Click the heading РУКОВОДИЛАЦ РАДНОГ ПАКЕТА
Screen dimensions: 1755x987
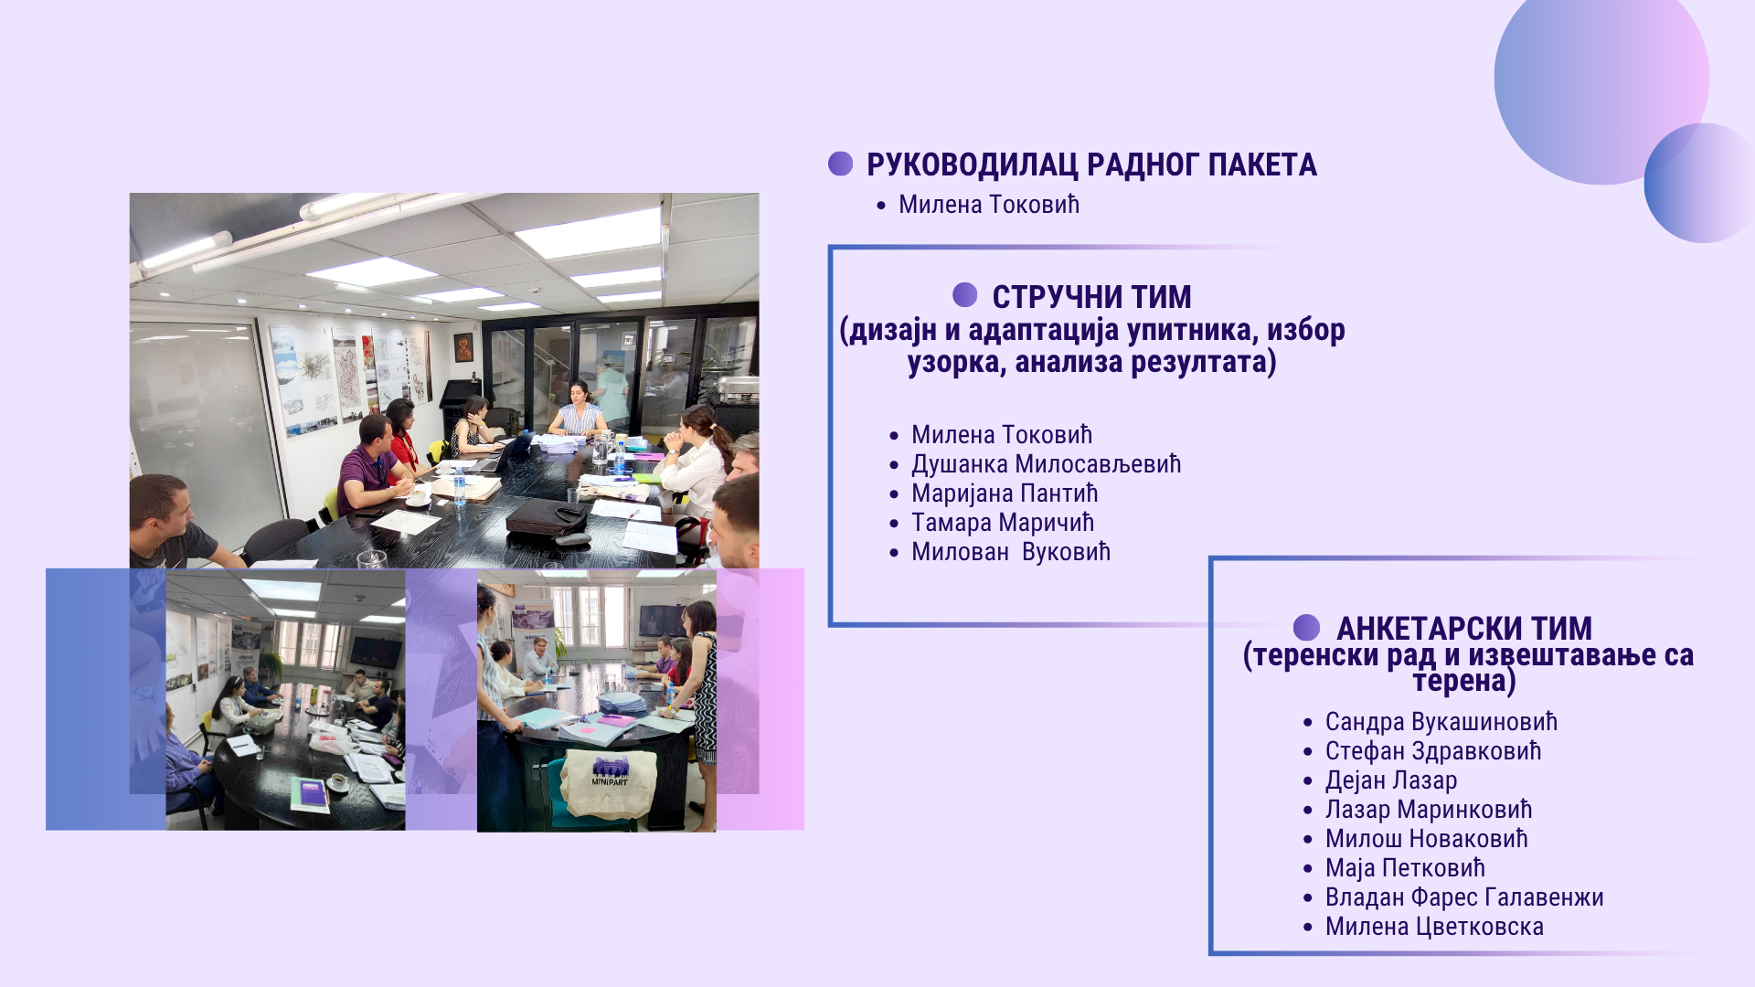click(x=1091, y=165)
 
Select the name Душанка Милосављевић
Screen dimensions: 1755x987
click(x=1046, y=464)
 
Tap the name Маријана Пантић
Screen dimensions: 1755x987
click(x=1004, y=493)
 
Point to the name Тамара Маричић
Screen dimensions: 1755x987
click(x=1002, y=523)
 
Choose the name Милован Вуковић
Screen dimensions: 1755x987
click(x=1010, y=552)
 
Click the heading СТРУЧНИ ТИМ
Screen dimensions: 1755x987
click(x=1091, y=297)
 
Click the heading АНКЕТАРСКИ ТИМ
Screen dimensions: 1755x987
click(x=1463, y=629)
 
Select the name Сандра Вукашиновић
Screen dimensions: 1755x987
click(x=1441, y=722)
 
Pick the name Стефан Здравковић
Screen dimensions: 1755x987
click(x=1432, y=751)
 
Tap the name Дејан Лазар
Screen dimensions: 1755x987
click(x=1390, y=780)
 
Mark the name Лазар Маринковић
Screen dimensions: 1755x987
click(x=1428, y=810)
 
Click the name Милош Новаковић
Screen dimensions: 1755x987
click(x=1426, y=839)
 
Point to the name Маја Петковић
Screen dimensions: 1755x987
click(x=1405, y=868)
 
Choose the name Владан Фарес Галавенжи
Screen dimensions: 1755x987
click(x=1463, y=897)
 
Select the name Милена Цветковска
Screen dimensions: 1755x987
click(x=1434, y=927)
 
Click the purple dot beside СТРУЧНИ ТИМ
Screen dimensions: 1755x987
click(x=964, y=294)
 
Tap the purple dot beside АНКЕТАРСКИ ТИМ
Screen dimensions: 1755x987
click(x=1306, y=627)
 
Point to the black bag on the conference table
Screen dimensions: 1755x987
click(x=547, y=517)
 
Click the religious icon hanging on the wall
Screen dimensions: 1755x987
click(x=463, y=347)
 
